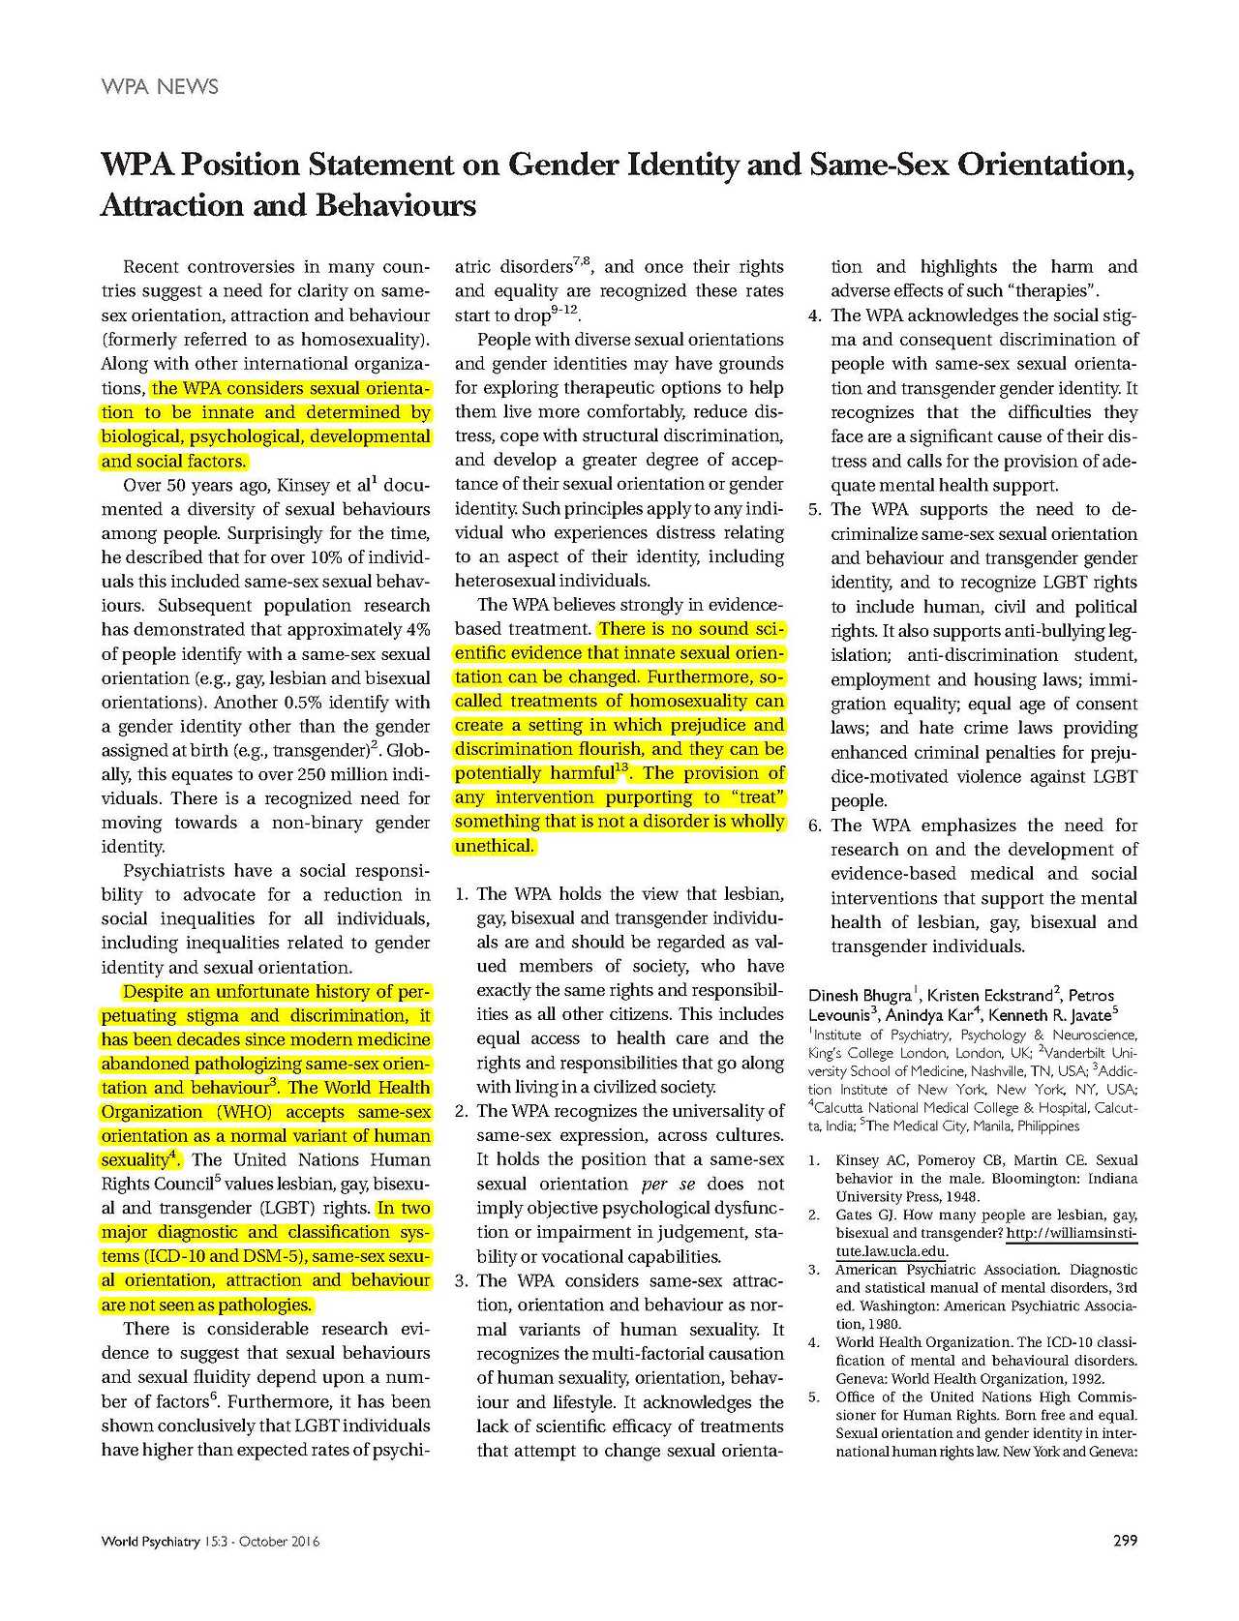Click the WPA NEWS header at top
160,87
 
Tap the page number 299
1125,1541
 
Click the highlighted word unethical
494,846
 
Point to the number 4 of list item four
814,315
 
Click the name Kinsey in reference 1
858,1160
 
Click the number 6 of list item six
814,826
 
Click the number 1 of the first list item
462,894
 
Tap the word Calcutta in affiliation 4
847,1108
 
